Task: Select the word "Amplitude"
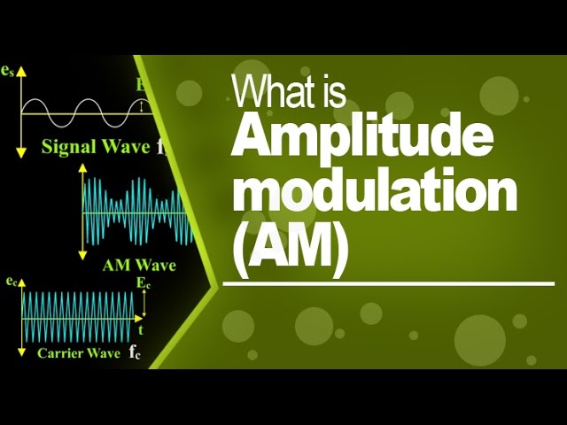(x=362, y=142)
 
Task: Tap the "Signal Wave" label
(x=96, y=148)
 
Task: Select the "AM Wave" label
(x=139, y=265)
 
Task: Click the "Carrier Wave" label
(x=78, y=352)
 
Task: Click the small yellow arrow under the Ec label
(x=142, y=303)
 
